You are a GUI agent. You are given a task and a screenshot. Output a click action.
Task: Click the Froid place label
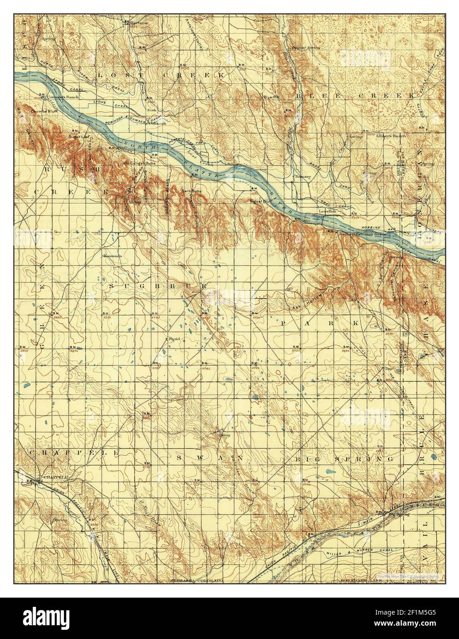[174, 339]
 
